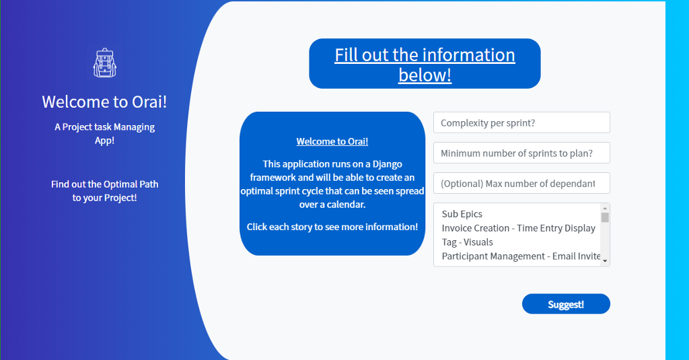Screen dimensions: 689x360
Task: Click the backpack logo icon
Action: click(x=104, y=63)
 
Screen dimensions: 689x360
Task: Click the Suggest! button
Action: click(x=566, y=303)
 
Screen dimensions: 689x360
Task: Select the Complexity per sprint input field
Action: click(x=521, y=122)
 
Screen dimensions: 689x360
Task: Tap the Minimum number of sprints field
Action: click(x=521, y=153)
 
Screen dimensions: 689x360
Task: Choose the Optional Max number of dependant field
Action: click(x=521, y=183)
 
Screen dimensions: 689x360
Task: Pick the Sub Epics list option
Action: click(x=462, y=214)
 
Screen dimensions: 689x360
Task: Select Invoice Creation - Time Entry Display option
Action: click(x=519, y=228)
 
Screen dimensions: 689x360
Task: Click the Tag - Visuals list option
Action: click(x=467, y=242)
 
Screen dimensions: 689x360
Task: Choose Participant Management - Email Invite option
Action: click(x=521, y=256)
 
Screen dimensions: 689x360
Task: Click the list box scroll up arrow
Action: click(x=605, y=209)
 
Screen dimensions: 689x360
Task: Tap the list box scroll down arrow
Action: click(x=605, y=261)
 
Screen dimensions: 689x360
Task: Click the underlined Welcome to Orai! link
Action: click(x=332, y=141)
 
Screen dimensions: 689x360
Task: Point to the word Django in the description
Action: click(x=388, y=164)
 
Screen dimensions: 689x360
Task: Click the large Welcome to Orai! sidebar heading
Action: click(x=104, y=102)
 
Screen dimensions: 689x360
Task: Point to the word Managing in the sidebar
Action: click(x=134, y=127)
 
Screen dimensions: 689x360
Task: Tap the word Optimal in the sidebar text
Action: click(x=104, y=184)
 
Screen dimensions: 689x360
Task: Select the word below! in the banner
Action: click(x=425, y=75)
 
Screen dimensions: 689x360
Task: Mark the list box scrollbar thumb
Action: click(x=605, y=217)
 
